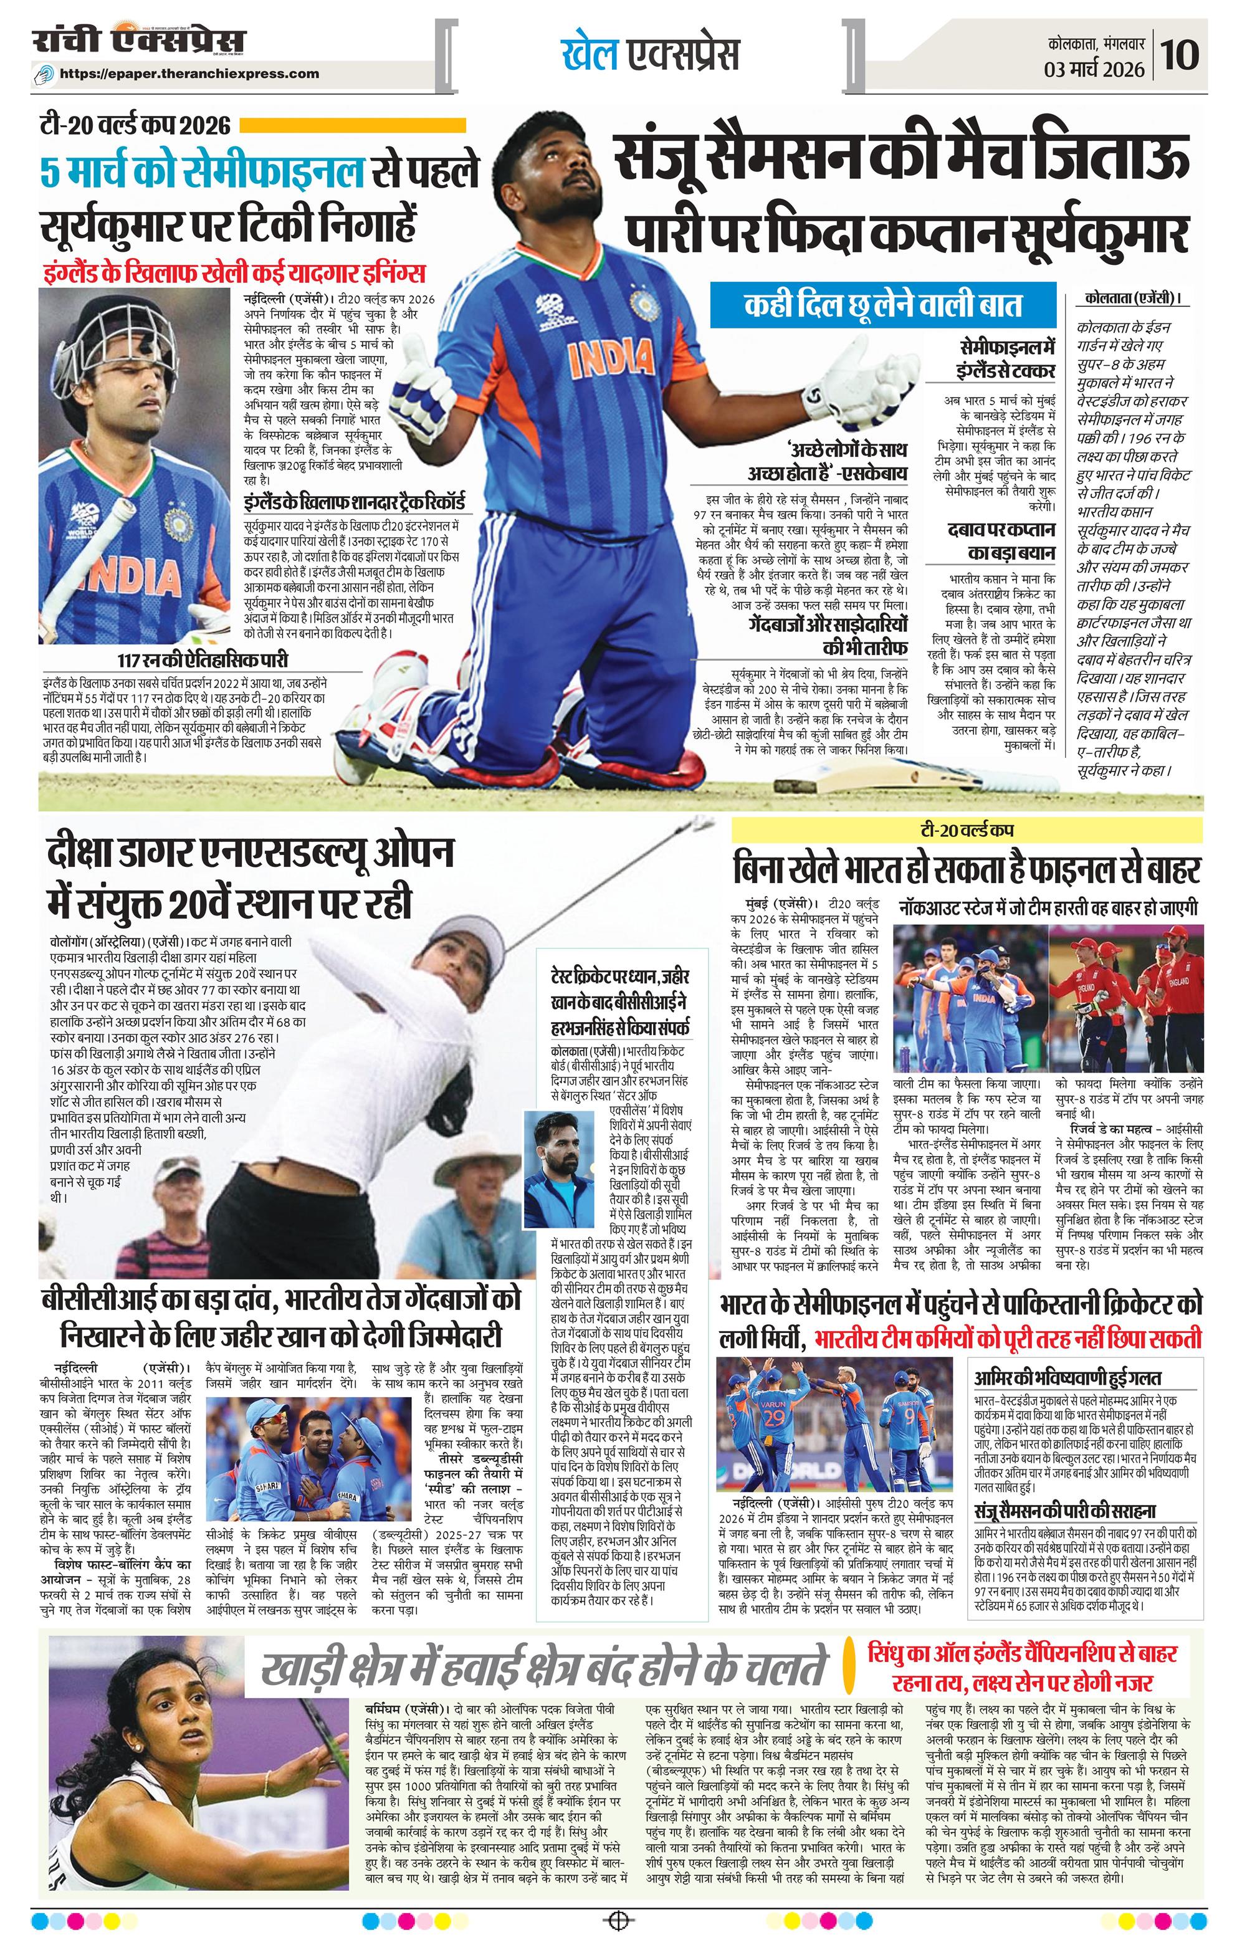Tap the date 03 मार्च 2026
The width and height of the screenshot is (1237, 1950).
pyautogui.click(x=1093, y=70)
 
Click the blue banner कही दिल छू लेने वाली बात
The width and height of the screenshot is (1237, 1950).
pyautogui.click(x=883, y=305)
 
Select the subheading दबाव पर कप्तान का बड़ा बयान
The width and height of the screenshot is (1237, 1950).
pyautogui.click(x=1001, y=541)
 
